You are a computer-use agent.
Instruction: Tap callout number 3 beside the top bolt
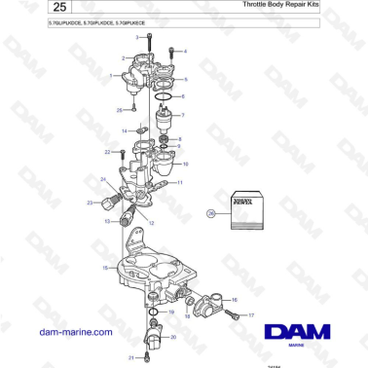[x=137, y=36]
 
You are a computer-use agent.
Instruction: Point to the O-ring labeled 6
[x=165, y=96]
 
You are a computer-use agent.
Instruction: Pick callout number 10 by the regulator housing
[x=185, y=164]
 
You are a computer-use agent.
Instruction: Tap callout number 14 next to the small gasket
[x=125, y=129]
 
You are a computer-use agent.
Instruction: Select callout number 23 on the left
[x=90, y=202]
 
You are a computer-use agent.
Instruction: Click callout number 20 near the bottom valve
[x=173, y=337]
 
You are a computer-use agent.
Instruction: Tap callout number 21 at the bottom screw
[x=130, y=357]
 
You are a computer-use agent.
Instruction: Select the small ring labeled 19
[x=154, y=313]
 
